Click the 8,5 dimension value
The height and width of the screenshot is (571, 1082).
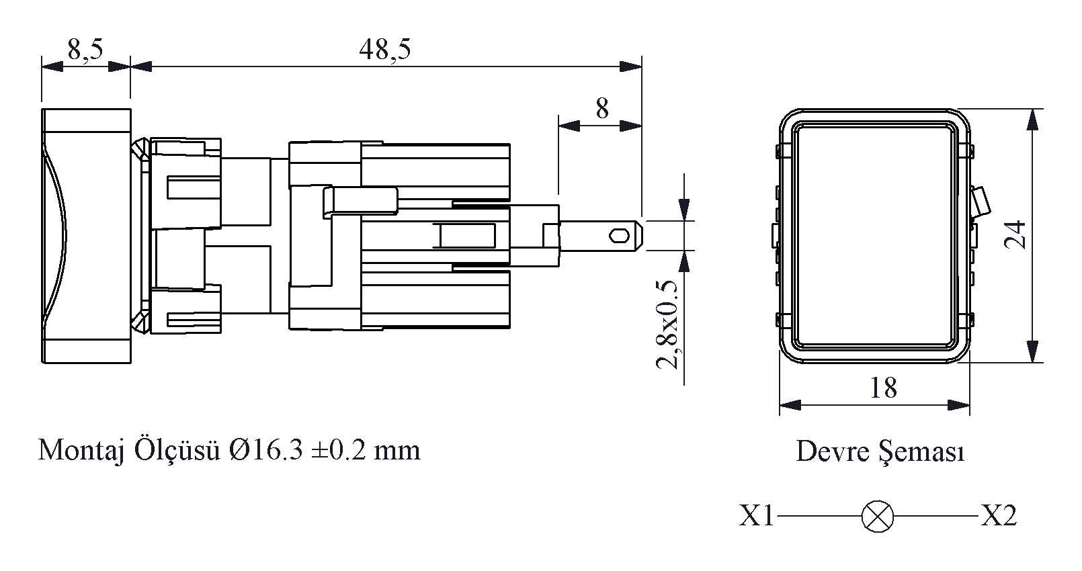[85, 50]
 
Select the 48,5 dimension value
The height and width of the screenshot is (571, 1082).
[385, 50]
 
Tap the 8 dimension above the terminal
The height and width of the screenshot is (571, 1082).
[602, 109]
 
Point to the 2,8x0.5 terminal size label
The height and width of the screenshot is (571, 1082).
[667, 325]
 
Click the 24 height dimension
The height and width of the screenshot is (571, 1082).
[1015, 234]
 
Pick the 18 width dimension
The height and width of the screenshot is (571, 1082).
[883, 388]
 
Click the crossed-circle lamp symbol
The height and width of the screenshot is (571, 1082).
[877, 517]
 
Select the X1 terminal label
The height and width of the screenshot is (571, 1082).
[757, 515]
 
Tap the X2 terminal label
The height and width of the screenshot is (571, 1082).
[999, 515]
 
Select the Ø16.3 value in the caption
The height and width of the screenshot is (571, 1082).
[266, 450]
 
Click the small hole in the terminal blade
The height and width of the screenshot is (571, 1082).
[620, 236]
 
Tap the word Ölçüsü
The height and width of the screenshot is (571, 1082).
[177, 450]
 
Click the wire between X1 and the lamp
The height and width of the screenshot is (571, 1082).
[819, 517]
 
